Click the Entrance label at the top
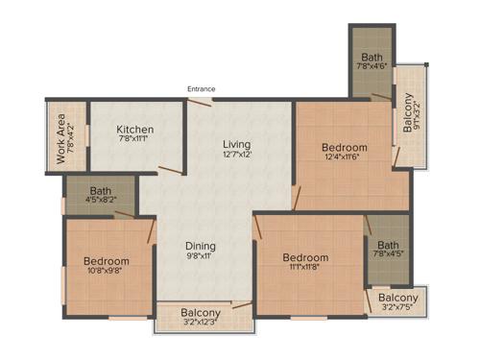coord(201,89)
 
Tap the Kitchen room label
coord(135,130)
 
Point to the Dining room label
coord(202,245)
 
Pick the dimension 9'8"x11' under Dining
coord(202,257)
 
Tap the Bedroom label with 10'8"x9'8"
coord(106,260)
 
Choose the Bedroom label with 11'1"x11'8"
coord(305,257)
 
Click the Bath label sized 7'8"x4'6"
coord(372,57)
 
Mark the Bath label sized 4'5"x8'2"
coord(101,190)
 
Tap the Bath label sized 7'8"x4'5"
coord(388,244)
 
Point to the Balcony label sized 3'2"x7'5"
coord(396,297)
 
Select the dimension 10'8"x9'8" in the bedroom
coord(106,272)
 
